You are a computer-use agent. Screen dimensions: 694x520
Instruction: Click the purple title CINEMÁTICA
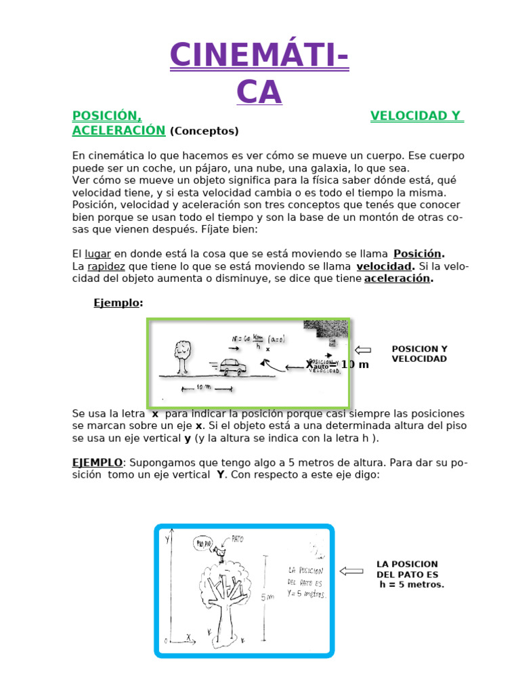coord(259,73)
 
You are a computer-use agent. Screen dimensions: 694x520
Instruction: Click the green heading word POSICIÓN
coord(106,116)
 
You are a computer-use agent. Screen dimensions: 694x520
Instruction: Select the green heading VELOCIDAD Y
coord(416,116)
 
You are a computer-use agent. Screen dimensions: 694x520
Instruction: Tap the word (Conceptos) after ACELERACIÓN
coord(204,131)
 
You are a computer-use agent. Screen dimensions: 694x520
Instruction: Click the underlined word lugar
coord(97,253)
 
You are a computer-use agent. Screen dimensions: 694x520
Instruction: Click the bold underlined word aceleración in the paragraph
coord(398,279)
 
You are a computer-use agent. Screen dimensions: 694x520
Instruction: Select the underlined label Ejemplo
coord(115,303)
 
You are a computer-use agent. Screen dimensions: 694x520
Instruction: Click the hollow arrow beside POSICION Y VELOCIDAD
coord(362,350)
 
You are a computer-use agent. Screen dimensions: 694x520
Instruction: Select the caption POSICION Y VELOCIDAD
coord(419,354)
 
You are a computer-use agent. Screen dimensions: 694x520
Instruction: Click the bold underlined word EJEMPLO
coord(97,462)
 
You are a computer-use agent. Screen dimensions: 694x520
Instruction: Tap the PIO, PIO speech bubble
coord(203,543)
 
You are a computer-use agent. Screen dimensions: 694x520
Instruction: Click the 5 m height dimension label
coord(267,596)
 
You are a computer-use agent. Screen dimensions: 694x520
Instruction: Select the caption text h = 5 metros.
coord(412,584)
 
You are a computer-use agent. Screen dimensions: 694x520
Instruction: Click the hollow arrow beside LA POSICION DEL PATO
coord(351,571)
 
